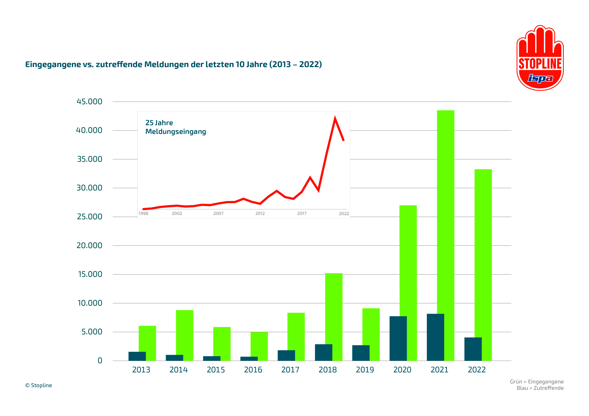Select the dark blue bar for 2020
[x=398, y=338]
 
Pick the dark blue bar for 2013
[x=137, y=356]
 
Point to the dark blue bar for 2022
[x=473, y=349]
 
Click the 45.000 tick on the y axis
[x=89, y=101]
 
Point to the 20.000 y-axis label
[x=89, y=246]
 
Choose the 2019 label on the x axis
[x=365, y=370]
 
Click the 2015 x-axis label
[x=216, y=370]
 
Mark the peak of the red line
[x=335, y=119]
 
